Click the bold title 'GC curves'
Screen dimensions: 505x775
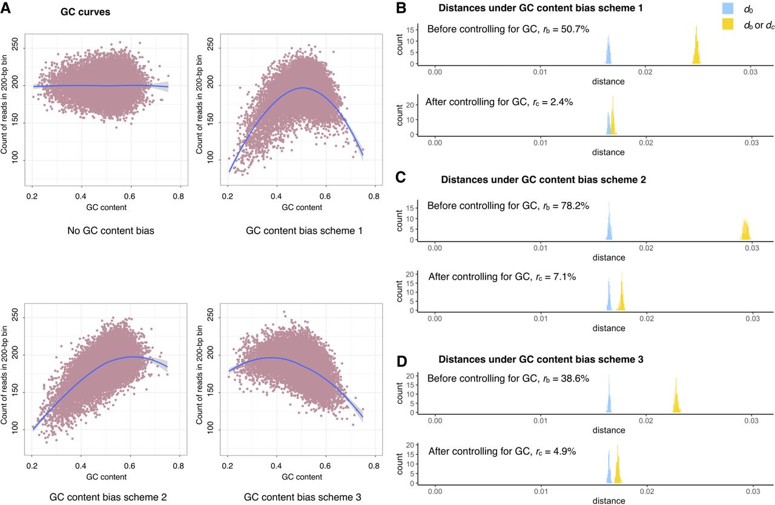tap(85, 12)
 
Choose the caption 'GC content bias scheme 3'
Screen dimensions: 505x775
tap(303, 497)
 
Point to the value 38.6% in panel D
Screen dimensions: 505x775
tap(575, 378)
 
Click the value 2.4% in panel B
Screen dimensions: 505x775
tap(559, 102)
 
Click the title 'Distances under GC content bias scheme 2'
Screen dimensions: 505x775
tap(542, 180)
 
